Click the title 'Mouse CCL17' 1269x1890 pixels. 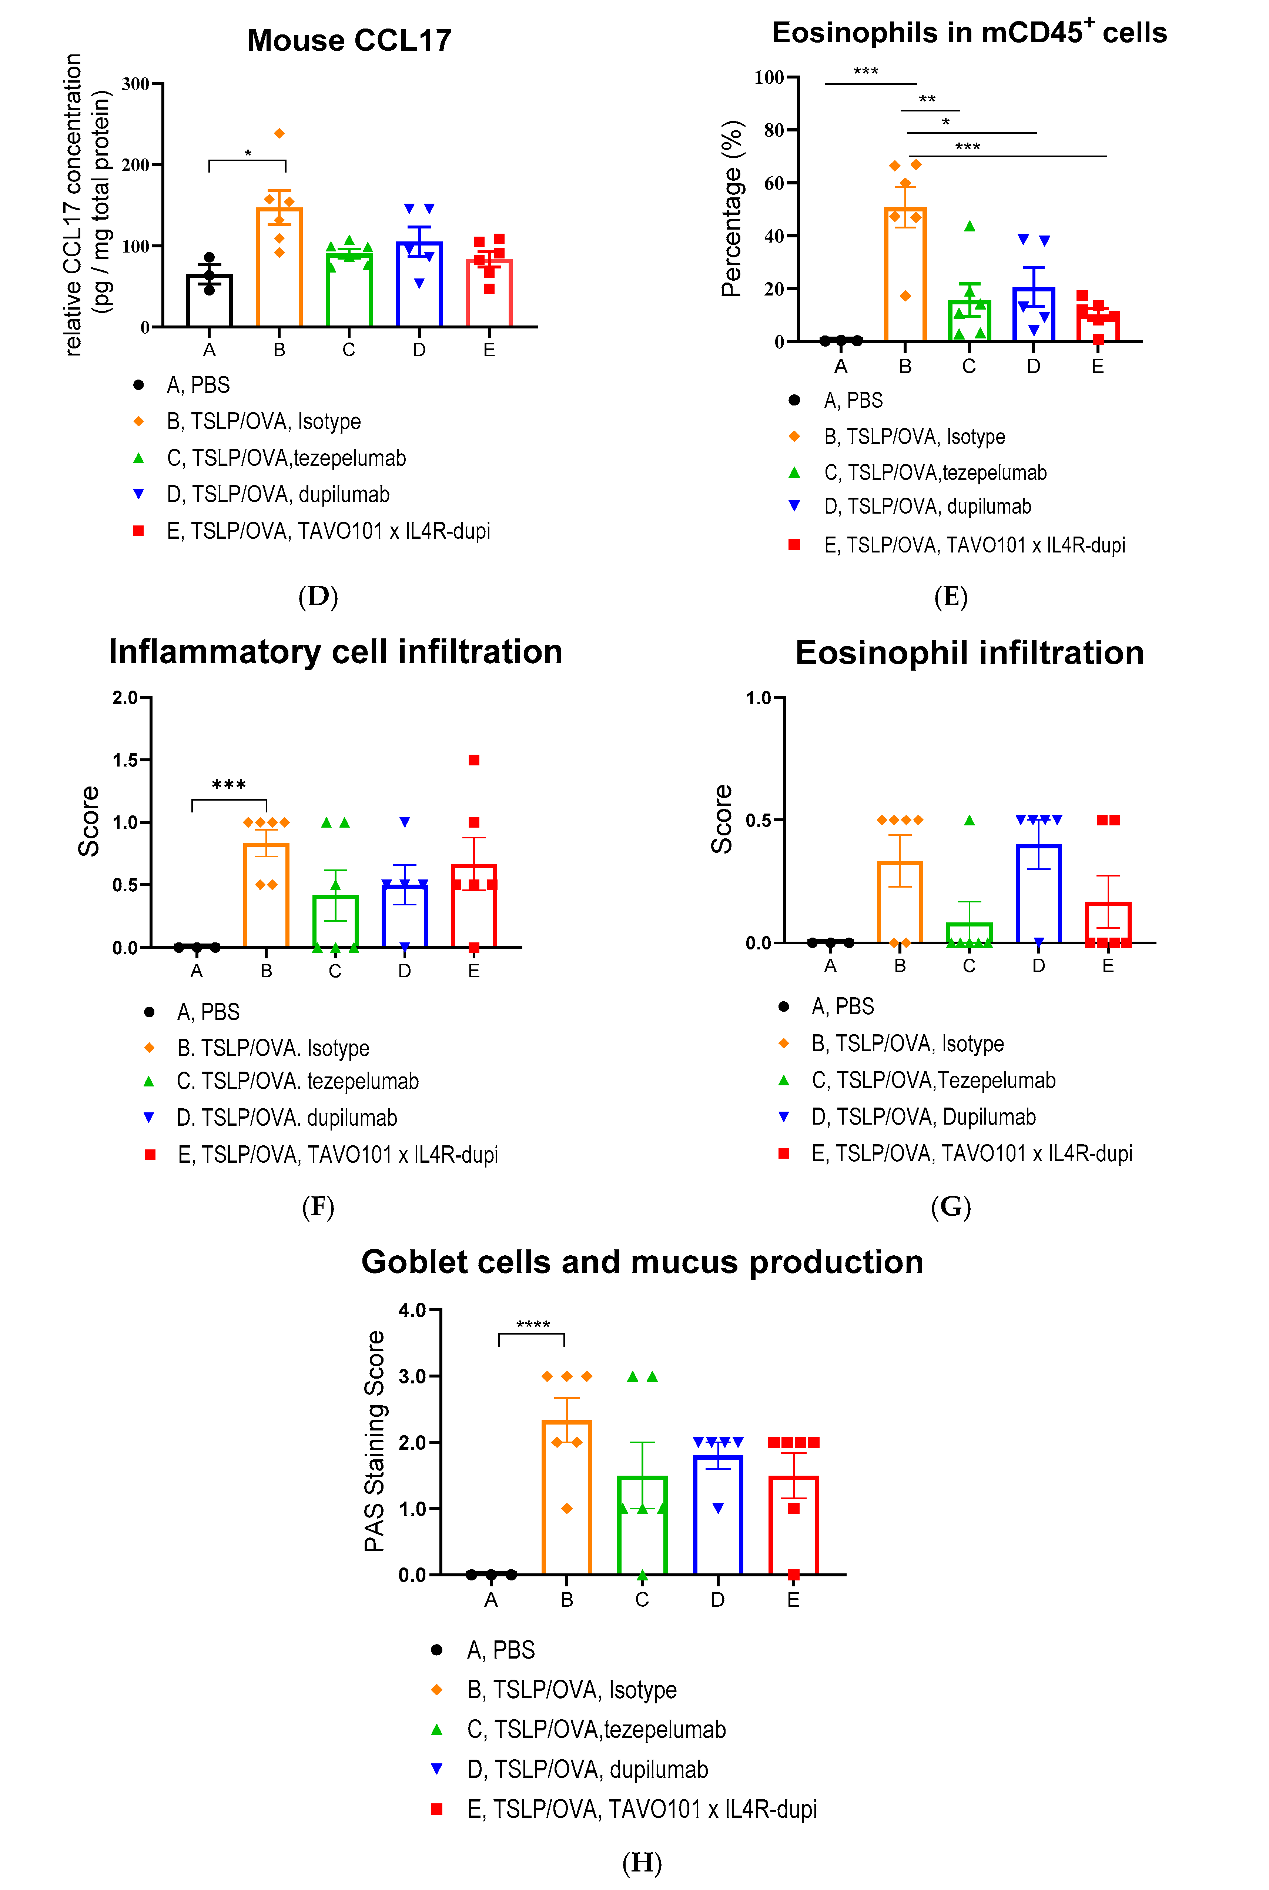(349, 40)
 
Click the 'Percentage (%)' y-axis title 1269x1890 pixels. (731, 209)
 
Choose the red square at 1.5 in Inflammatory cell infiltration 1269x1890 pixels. (474, 760)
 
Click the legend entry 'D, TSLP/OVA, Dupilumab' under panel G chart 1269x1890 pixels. (923, 1117)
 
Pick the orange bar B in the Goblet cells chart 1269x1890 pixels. (566, 1497)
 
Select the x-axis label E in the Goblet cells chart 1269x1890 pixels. (793, 1600)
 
